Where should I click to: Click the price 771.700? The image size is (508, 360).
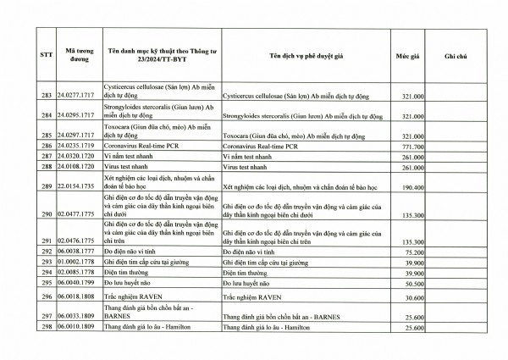click(x=411, y=146)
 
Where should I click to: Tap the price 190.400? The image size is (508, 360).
click(x=411, y=186)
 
